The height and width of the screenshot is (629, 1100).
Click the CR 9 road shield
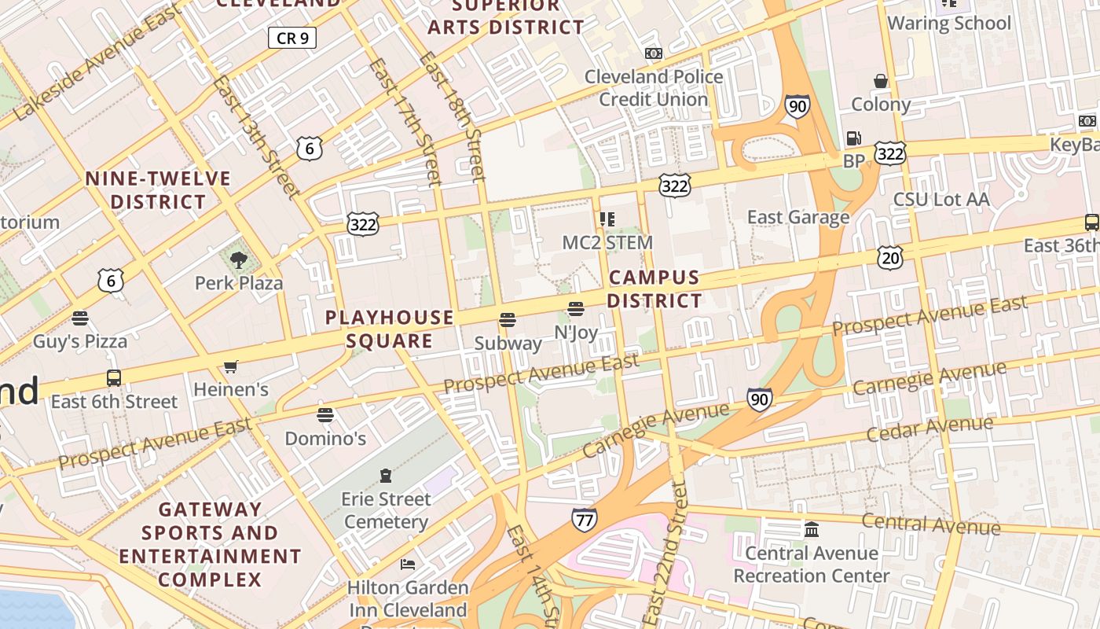(292, 38)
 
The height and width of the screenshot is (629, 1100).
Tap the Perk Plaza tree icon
(239, 259)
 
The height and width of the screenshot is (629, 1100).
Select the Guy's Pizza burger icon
(79, 318)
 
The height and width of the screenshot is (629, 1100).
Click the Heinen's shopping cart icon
(231, 366)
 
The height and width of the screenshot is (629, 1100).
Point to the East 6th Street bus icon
(114, 378)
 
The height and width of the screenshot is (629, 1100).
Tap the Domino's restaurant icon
(325, 415)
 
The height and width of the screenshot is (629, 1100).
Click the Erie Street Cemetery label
(386, 510)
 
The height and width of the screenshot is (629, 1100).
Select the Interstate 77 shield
(584, 520)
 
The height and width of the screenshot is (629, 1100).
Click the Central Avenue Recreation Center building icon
(812, 530)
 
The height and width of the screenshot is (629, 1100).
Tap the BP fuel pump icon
(853, 138)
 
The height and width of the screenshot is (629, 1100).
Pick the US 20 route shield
(890, 257)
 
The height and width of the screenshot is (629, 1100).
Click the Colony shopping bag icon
(881, 81)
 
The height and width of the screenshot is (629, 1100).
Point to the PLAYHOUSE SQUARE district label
(390, 329)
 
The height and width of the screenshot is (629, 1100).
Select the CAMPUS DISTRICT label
(654, 289)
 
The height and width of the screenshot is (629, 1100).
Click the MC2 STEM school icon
(607, 219)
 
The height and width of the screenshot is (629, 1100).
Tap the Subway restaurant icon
(508, 321)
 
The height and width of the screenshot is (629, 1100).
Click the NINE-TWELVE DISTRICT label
(158, 190)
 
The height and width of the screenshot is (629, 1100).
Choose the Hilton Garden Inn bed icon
(408, 565)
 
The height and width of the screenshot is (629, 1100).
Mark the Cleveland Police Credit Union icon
(653, 53)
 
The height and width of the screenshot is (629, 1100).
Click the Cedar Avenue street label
(929, 429)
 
